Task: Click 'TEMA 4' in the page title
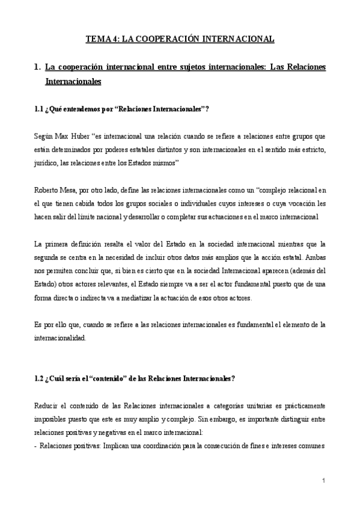coord(102,40)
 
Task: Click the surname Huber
coord(79,137)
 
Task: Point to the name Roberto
coord(47,191)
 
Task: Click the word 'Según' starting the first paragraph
coord(44,137)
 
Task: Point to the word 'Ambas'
coord(315,258)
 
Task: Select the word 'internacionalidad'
coord(60,339)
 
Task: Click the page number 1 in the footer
coord(323,481)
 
